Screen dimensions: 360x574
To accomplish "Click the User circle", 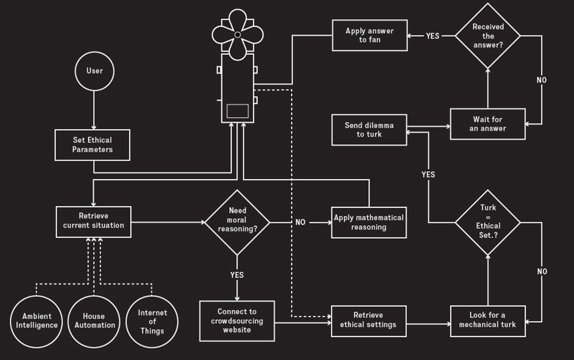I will click(x=94, y=71).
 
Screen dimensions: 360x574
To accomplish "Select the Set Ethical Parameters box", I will click(x=92, y=145).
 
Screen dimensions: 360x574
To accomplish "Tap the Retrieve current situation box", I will click(x=94, y=221).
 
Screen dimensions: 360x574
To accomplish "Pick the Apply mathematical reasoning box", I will click(x=369, y=222).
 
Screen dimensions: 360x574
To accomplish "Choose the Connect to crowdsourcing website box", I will click(x=238, y=320).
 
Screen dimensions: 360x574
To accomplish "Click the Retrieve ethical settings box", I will click(x=369, y=320).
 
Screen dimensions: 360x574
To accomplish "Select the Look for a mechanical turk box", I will click(x=487, y=320).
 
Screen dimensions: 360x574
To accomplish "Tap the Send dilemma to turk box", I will click(x=369, y=130).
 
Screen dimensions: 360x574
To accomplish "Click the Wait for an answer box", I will click(x=487, y=124).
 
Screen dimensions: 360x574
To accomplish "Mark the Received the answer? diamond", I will click(x=487, y=36).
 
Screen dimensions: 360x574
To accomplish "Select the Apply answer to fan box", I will click(x=370, y=36).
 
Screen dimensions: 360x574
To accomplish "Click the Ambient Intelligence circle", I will click(x=37, y=320).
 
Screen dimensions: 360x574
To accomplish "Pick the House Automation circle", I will click(x=94, y=320).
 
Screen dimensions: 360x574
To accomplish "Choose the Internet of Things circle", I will click(x=152, y=321).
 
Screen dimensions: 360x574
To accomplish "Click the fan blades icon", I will click(x=238, y=34).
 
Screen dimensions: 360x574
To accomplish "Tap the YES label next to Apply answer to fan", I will click(x=432, y=36).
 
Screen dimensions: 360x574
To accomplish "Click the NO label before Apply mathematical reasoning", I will click(x=300, y=222).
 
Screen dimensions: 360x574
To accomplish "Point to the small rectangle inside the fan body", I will click(x=238, y=111).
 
